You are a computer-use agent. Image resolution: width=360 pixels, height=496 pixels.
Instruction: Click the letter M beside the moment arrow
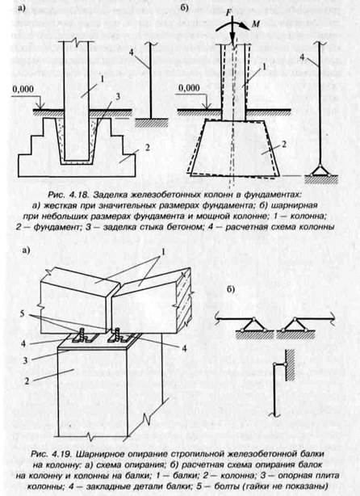(255, 24)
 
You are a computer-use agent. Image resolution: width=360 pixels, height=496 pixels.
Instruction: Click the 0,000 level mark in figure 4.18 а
(23, 89)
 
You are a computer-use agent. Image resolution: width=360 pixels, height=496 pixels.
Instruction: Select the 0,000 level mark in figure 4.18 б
(189, 87)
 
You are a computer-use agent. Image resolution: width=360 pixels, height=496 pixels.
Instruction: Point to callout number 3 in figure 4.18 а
(118, 97)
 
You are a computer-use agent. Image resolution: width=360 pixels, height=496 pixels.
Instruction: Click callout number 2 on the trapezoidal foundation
(284, 145)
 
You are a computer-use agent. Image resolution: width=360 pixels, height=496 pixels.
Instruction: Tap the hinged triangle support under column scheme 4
(320, 170)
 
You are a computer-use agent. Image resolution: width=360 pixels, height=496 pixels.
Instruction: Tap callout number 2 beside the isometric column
(27, 380)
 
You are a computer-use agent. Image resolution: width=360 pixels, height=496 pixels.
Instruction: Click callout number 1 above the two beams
(163, 252)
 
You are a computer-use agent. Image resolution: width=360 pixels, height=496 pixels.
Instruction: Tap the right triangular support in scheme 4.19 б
(295, 325)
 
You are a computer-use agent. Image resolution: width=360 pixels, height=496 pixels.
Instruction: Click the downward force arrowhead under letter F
(233, 42)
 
